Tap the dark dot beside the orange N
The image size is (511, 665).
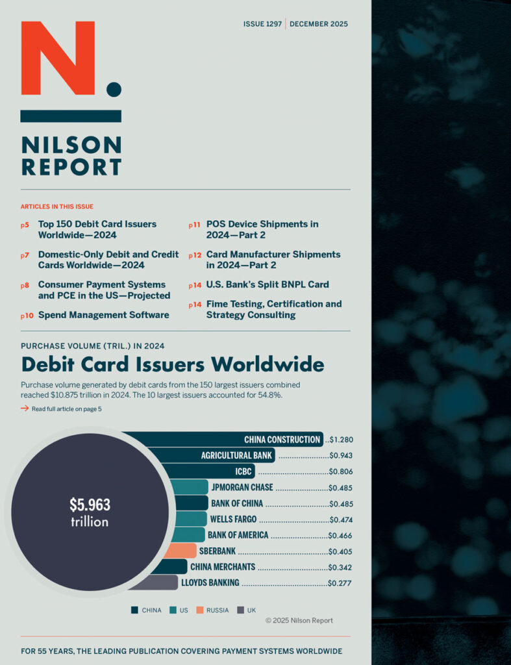pos(114,89)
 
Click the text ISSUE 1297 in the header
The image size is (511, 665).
pos(262,24)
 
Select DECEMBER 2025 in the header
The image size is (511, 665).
pos(319,24)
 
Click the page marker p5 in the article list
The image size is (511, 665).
pos(25,225)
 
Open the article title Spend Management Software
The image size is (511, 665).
pos(103,315)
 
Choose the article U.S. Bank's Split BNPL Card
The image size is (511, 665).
pos(268,284)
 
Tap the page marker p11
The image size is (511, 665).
pos(194,225)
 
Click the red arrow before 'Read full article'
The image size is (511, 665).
pos(25,408)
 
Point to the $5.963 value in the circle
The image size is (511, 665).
pos(90,505)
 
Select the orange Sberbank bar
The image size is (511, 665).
pos(179,551)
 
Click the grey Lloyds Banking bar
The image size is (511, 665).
pos(155,583)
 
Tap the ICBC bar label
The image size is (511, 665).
pos(244,471)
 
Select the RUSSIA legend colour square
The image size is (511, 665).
pos(200,610)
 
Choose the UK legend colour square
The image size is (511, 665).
pos(241,610)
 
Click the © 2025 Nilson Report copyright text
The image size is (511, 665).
pos(299,621)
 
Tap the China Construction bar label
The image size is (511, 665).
pos(282,440)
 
